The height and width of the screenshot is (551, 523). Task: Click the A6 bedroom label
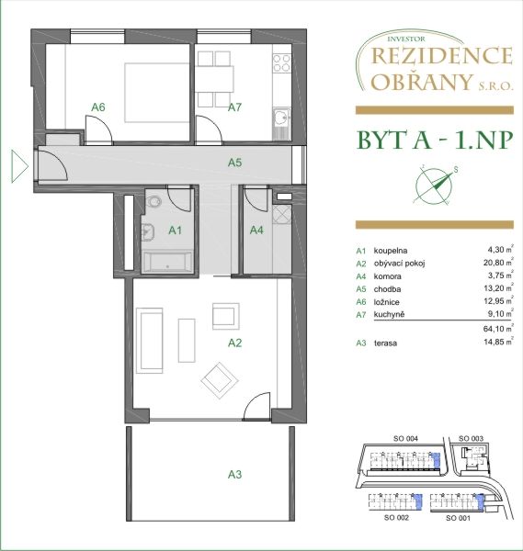pos(98,107)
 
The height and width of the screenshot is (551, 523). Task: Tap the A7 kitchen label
pos(234,107)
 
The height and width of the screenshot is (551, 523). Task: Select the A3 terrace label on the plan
pos(234,475)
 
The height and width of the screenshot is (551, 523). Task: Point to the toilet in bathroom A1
pos(153,203)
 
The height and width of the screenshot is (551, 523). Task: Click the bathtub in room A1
pos(167,261)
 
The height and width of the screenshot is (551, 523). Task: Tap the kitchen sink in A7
pos(281,118)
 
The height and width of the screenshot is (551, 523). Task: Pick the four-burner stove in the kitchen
pos(282,63)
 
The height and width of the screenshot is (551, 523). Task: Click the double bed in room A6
pos(156,93)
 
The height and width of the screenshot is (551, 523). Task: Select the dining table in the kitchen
pos(214,79)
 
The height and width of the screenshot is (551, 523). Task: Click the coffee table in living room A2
pos(187,340)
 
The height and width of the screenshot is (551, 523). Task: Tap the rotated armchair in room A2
pos(221,381)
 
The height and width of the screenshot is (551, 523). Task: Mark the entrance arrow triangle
pos(19,166)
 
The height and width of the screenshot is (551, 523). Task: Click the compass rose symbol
pos(435,186)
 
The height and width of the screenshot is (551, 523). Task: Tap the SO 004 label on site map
pos(405,439)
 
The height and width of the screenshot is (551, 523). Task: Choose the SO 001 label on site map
pos(458,518)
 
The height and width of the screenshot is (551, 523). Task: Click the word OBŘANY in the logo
pos(421,82)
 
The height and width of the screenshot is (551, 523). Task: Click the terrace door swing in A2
pos(256,406)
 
